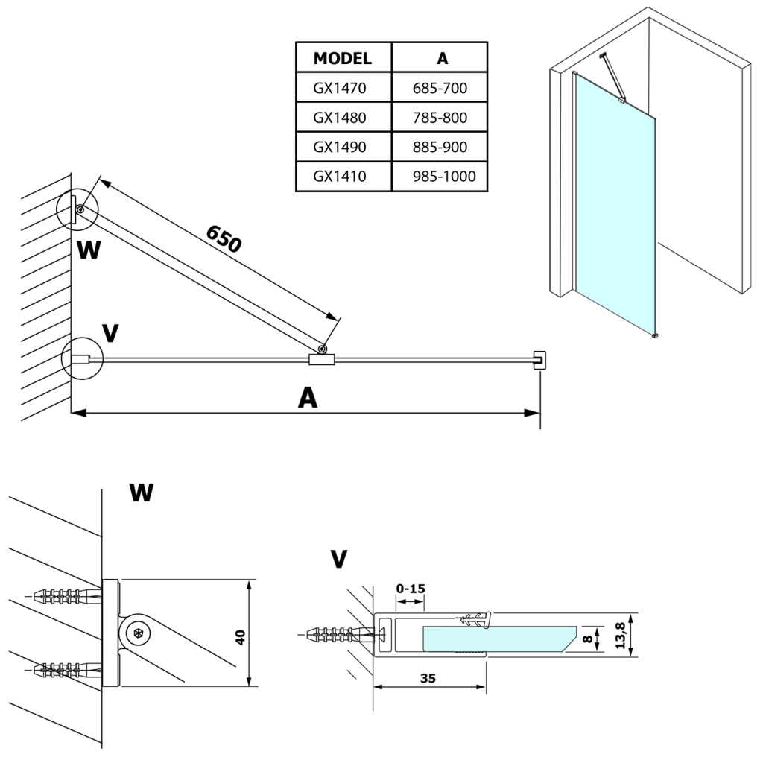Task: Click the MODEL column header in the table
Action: [343, 58]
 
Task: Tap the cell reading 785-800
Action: [440, 118]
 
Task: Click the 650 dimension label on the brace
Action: [224, 238]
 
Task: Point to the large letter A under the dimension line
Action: [307, 399]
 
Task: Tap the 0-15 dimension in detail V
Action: [410, 589]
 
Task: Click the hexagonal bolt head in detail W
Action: [138, 634]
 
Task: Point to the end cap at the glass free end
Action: [539, 359]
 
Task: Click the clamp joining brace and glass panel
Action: [322, 360]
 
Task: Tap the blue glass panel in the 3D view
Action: [615, 209]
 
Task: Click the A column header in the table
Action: [440, 58]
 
